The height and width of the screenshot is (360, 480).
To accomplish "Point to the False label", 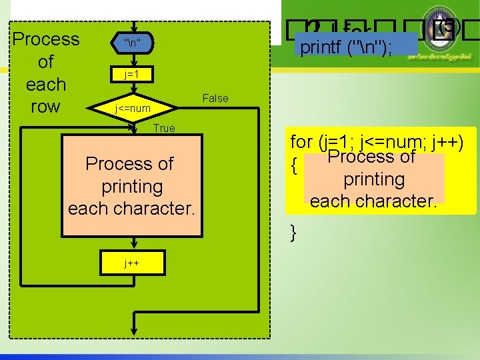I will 215,99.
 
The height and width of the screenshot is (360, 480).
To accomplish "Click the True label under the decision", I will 164,128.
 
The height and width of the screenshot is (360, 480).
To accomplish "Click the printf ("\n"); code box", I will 358,48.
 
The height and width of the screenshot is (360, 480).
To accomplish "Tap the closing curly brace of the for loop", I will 294,233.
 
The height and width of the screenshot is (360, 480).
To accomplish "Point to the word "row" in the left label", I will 45,107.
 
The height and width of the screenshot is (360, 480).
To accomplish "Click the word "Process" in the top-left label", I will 46,39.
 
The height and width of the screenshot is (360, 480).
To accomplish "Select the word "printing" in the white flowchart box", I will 132,186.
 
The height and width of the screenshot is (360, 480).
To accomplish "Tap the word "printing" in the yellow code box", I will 374,179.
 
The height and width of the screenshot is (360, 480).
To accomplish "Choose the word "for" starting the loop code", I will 301,142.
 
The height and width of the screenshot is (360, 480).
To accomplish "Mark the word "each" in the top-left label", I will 45,85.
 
